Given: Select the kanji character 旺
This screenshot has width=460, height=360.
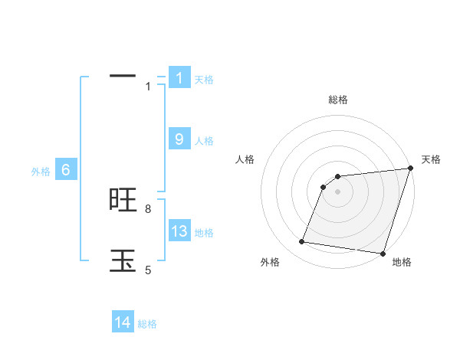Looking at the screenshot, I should point(123,200).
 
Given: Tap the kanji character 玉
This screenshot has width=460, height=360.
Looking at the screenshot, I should point(123,260).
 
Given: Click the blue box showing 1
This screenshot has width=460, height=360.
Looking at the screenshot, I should point(179,77).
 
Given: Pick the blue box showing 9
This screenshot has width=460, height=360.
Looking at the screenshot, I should point(179,139).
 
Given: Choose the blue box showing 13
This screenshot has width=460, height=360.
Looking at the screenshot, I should point(179,231).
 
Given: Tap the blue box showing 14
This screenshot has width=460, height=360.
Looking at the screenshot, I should point(123,322).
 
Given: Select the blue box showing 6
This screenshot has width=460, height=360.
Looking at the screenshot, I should point(65,170).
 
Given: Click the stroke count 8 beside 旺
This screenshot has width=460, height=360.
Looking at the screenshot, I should point(148,208).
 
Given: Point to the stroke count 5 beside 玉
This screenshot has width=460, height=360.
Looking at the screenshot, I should point(148,270).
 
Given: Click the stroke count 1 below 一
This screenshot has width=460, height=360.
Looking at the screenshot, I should point(148,87).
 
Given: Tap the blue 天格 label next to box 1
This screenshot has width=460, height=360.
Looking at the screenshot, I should point(204,80).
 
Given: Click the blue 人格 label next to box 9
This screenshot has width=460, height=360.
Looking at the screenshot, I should point(204,141).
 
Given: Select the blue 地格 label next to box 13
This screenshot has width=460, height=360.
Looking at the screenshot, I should point(204,233).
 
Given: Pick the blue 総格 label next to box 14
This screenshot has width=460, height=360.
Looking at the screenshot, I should point(147,325).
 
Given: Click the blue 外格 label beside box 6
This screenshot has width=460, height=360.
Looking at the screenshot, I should point(41,172).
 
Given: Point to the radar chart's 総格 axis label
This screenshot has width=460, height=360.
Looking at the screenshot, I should point(338,100).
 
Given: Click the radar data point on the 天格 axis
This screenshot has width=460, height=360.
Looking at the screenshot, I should point(410,169).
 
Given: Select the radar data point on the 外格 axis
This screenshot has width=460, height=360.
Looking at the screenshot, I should point(302,242).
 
